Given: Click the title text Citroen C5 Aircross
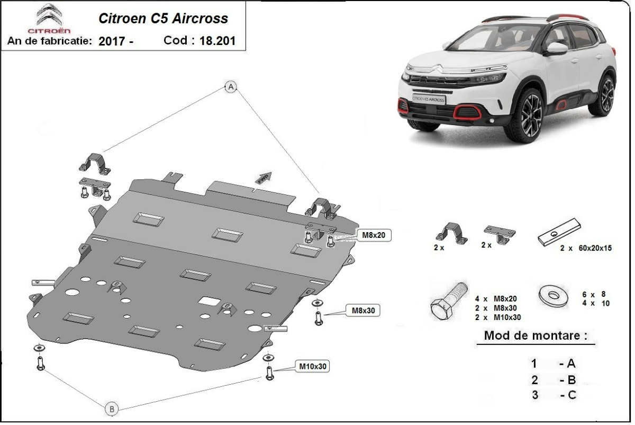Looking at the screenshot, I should click(164, 18).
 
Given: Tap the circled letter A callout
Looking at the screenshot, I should click(231, 87).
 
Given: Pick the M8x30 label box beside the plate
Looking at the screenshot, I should click(363, 310).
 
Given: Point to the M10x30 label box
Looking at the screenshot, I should click(313, 366).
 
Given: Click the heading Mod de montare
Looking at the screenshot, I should click(535, 335).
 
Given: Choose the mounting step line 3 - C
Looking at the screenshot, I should click(553, 394).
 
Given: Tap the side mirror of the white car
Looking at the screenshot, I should click(557, 49).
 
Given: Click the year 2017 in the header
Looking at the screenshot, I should click(116, 41).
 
